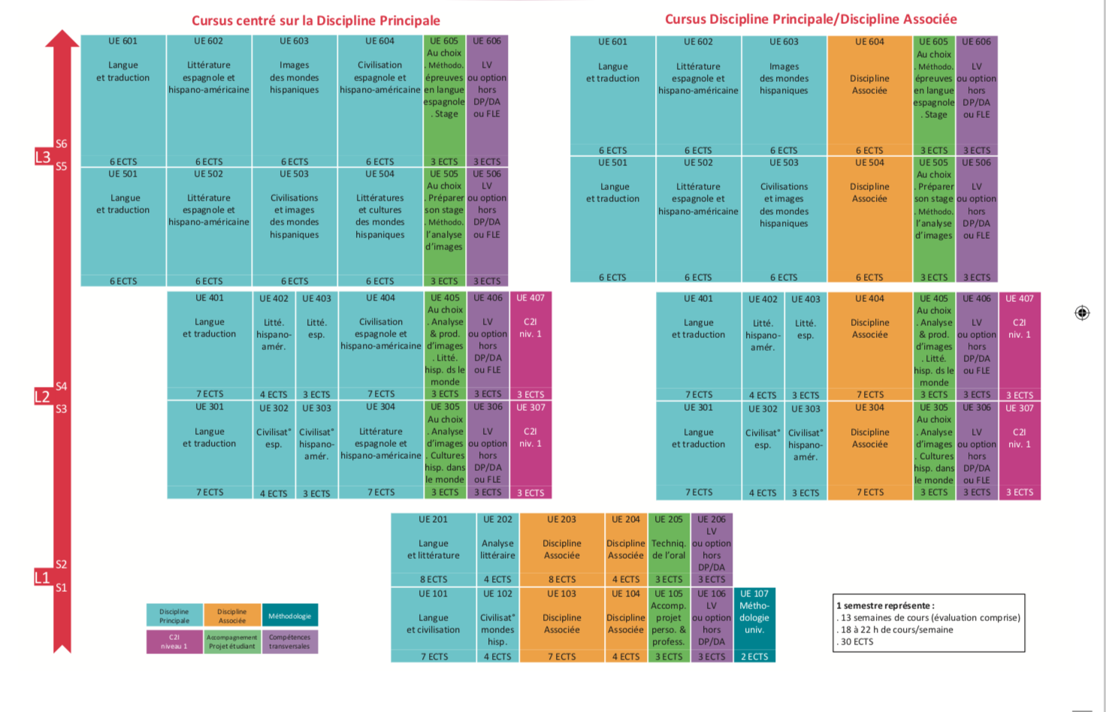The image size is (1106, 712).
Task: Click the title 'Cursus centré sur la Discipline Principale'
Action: [x=316, y=20]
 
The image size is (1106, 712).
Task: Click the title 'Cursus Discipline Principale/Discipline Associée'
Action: [x=811, y=19]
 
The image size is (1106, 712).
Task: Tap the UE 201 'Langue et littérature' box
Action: [x=434, y=548]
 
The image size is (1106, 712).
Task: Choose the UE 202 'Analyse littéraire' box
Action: [x=497, y=548]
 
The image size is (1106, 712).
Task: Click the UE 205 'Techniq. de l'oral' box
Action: [x=669, y=548]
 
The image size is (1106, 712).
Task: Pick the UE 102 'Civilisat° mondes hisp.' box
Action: [x=497, y=623]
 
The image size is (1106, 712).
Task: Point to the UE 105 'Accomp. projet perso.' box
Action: [x=669, y=623]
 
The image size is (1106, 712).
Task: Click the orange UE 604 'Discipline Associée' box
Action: [x=869, y=94]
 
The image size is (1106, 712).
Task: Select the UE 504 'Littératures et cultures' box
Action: [x=380, y=222]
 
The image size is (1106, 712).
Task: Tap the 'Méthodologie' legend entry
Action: [x=290, y=616]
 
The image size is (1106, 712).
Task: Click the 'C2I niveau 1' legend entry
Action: [x=174, y=641]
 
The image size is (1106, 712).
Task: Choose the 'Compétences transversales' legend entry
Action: [x=290, y=641]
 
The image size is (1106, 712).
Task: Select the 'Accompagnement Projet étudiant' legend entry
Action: [x=232, y=641]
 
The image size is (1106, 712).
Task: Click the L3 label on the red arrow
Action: [x=43, y=157]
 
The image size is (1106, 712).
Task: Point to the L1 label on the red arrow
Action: [x=42, y=578]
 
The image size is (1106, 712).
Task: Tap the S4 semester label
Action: [x=62, y=386]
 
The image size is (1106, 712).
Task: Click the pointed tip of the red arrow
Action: [x=62, y=35]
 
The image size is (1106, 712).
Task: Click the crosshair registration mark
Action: [x=1082, y=312]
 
